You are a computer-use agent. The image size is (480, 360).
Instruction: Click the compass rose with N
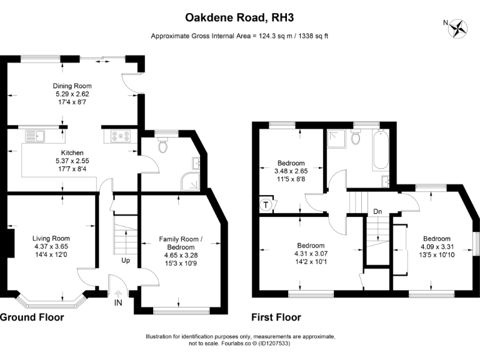tap(461, 27)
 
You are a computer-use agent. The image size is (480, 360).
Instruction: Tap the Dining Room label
tap(72, 86)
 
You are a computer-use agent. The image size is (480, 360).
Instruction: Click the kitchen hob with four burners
tap(120, 135)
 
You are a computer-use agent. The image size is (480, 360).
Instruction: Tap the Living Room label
tap(51, 238)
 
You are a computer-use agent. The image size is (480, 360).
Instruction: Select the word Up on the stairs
tap(125, 259)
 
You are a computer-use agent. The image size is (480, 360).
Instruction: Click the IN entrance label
tap(119, 304)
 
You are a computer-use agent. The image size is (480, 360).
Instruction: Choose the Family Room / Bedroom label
tap(181, 243)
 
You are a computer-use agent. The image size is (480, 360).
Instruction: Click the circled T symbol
tap(265, 204)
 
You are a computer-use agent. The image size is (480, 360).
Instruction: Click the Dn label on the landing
tap(377, 212)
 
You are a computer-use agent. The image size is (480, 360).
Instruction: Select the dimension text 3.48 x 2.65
tap(290, 171)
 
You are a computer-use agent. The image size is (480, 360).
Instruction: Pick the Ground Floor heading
tap(31, 317)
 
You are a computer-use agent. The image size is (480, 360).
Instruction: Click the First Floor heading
tap(276, 317)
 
